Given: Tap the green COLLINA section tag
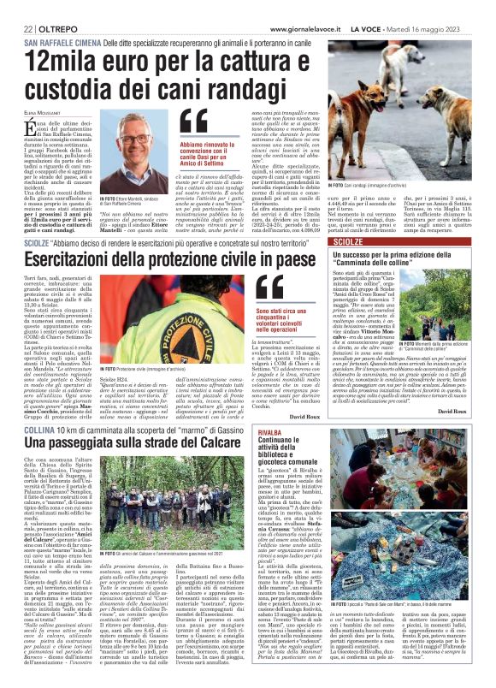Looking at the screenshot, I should pos(39,428).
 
